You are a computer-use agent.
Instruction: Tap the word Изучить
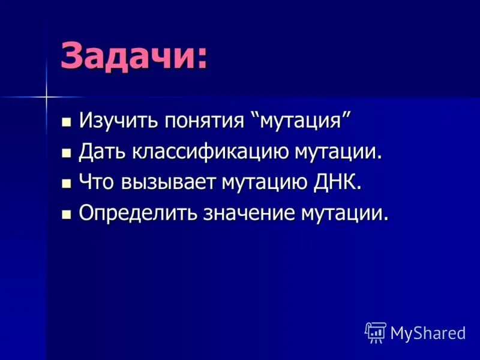point(113,121)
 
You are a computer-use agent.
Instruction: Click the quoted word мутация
point(303,121)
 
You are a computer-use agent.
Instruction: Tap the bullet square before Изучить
point(67,122)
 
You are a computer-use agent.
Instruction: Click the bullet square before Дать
point(67,153)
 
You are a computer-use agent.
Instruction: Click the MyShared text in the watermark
point(428,332)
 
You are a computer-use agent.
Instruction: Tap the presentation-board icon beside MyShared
point(376,332)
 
